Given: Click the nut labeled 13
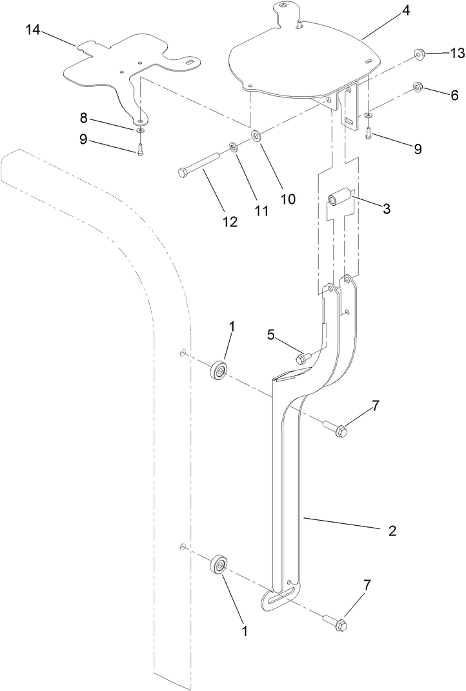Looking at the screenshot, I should [420, 54].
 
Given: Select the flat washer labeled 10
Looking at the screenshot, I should [258, 136].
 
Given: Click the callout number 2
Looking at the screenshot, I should [392, 532].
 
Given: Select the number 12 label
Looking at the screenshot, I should [230, 222].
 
